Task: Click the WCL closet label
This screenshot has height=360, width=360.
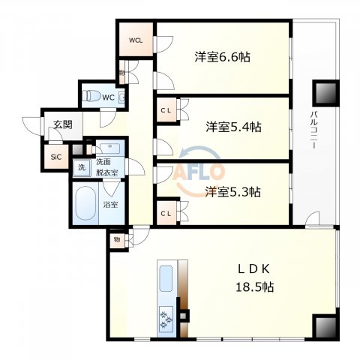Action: [135, 40]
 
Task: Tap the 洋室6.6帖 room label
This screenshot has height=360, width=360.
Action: [222, 57]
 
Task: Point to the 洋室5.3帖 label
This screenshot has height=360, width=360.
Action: [232, 191]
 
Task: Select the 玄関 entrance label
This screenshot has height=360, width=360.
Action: [62, 125]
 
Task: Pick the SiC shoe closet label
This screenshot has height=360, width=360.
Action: [55, 157]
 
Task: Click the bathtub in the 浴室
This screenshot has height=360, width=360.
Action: [85, 203]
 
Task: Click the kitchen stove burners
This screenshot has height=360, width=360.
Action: [166, 318]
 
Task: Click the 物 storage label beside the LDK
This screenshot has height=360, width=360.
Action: [117, 239]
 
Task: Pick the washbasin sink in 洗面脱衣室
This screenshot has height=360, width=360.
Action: [109, 148]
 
